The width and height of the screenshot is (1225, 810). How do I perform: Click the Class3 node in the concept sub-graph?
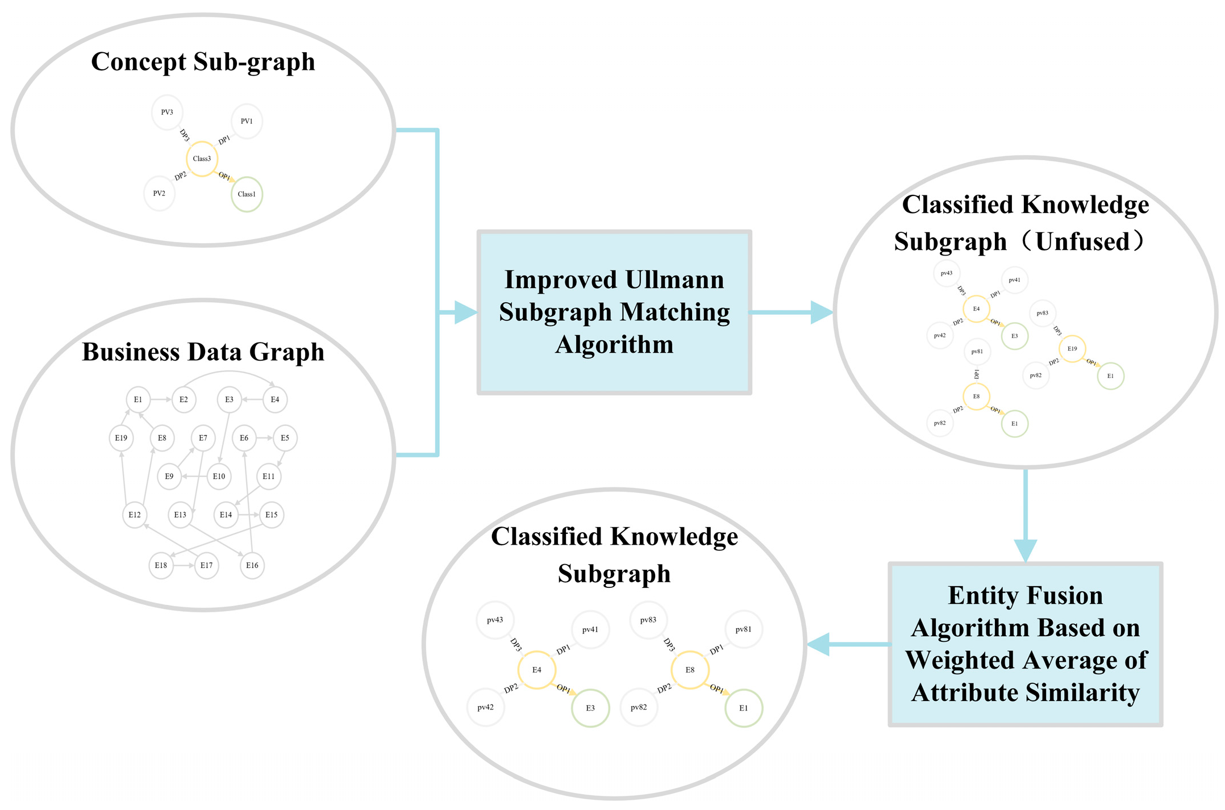coord(202,159)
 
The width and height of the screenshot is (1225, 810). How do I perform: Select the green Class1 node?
coord(247,194)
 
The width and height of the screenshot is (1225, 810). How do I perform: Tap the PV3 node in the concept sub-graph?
coord(167,112)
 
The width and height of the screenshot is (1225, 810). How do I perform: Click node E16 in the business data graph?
coord(252,565)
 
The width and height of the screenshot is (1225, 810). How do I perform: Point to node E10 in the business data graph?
coord(219,477)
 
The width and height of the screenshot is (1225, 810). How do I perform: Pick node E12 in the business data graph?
coord(135,515)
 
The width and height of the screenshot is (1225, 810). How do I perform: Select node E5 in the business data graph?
coord(285,438)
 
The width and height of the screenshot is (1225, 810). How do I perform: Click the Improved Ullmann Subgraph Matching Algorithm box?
coord(614,312)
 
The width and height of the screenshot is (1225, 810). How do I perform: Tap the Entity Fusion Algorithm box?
coord(1025,644)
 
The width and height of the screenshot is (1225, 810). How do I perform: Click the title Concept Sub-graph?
coord(203,62)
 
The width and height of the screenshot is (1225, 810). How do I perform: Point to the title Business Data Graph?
coord(203,352)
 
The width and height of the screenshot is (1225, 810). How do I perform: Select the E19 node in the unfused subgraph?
coord(1072,349)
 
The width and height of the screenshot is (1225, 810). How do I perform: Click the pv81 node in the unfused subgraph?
coord(977,352)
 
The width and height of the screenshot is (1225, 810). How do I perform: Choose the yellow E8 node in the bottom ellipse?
coord(690,670)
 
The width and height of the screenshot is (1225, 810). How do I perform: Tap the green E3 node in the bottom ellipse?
coord(590,708)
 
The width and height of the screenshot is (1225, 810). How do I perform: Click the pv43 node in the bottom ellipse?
coord(495,620)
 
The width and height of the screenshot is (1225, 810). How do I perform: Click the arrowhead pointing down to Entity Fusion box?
coord(1025,550)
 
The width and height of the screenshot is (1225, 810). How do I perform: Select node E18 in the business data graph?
coord(161,565)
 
